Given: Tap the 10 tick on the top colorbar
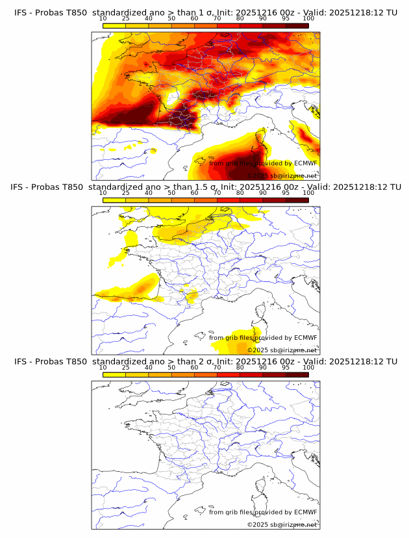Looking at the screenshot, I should click(x=103, y=18).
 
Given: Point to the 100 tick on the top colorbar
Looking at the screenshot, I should click(x=308, y=18).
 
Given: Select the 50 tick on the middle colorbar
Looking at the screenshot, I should click(x=171, y=192).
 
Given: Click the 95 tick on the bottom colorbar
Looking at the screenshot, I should click(x=286, y=366).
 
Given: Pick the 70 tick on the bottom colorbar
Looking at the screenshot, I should click(x=217, y=366).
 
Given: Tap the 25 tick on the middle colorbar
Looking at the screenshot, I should click(x=126, y=192).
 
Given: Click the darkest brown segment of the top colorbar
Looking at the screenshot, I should click(x=297, y=25).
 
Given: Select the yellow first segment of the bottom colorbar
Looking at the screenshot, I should click(x=114, y=374).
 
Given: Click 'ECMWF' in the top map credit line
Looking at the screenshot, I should click(x=305, y=163).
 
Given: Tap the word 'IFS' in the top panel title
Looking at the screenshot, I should click(x=20, y=13).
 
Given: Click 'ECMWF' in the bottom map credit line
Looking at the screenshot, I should click(x=305, y=511).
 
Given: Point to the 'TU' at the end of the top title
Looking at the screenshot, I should click(x=391, y=13).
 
